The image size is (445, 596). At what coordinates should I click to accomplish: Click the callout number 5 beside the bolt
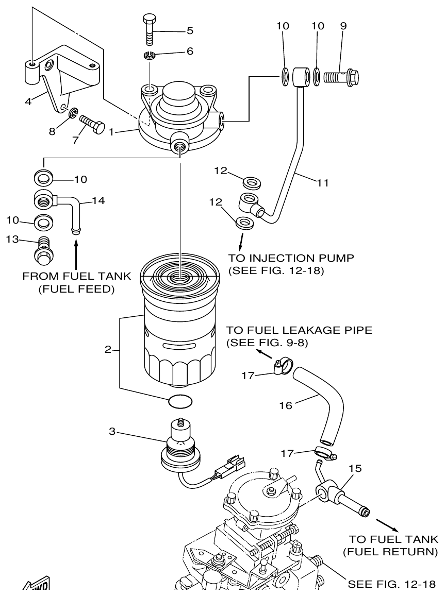coord(190,30)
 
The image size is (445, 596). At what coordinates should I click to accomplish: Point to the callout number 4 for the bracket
coord(28,101)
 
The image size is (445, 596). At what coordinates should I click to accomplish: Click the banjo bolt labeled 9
coord(340,78)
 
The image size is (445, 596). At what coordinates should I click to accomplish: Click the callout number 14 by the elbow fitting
coord(98,201)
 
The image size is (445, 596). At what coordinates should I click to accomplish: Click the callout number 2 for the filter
coord(108,350)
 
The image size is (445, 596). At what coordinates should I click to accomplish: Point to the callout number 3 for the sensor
coord(112,431)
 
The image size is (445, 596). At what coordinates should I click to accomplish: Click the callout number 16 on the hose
coord(285,405)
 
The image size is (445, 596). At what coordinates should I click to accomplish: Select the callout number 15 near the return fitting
coord(355,468)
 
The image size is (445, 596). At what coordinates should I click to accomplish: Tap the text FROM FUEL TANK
coord(76,277)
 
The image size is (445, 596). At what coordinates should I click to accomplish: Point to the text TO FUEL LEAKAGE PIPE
coord(299,331)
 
